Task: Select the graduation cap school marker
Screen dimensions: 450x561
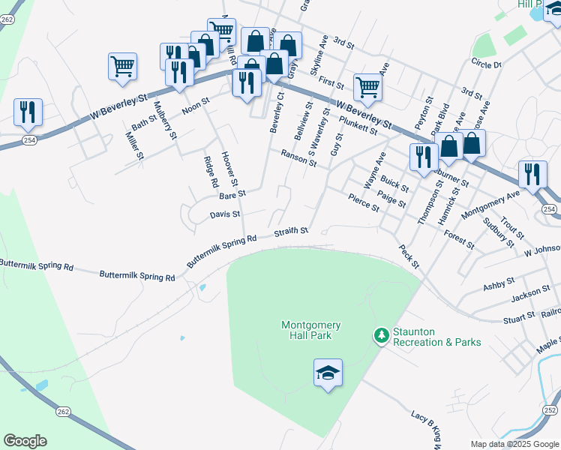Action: pos(328,373)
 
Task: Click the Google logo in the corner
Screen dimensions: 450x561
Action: pos(25,441)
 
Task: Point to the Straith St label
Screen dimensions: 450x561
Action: pos(291,232)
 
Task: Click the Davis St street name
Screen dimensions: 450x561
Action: pos(225,214)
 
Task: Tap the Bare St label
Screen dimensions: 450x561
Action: pos(232,195)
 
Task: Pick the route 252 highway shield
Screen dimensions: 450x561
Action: pos(550,410)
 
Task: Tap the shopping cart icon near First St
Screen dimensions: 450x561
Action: pos(367,86)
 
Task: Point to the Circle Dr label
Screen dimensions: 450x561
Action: pos(486,64)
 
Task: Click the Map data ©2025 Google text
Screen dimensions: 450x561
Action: pos(514,444)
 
